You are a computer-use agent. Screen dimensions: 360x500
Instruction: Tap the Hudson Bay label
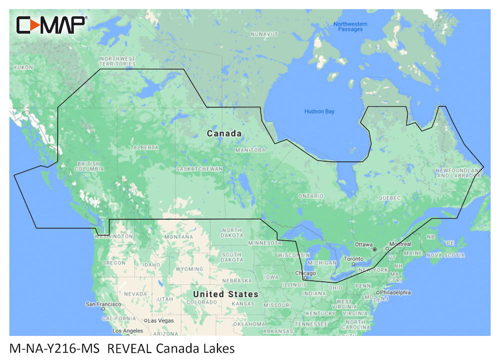(x=319, y=111)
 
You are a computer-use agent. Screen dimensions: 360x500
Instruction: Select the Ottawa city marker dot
(x=374, y=249)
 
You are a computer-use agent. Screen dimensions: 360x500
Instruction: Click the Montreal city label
(x=400, y=244)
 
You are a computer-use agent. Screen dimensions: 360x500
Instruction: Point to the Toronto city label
(x=354, y=259)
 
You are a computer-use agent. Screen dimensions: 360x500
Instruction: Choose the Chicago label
(x=305, y=273)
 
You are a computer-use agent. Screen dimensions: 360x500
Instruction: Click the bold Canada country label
(x=224, y=133)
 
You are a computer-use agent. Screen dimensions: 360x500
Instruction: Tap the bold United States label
(x=226, y=294)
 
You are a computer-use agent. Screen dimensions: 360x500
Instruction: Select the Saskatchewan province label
(x=199, y=169)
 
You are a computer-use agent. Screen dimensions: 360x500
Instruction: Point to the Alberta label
(x=145, y=147)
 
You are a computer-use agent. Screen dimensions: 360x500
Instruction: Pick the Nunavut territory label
(x=264, y=34)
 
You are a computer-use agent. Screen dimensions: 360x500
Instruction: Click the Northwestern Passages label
(x=350, y=26)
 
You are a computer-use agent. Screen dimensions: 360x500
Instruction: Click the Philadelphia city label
(x=395, y=292)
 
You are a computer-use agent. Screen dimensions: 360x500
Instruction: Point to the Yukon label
(x=23, y=67)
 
